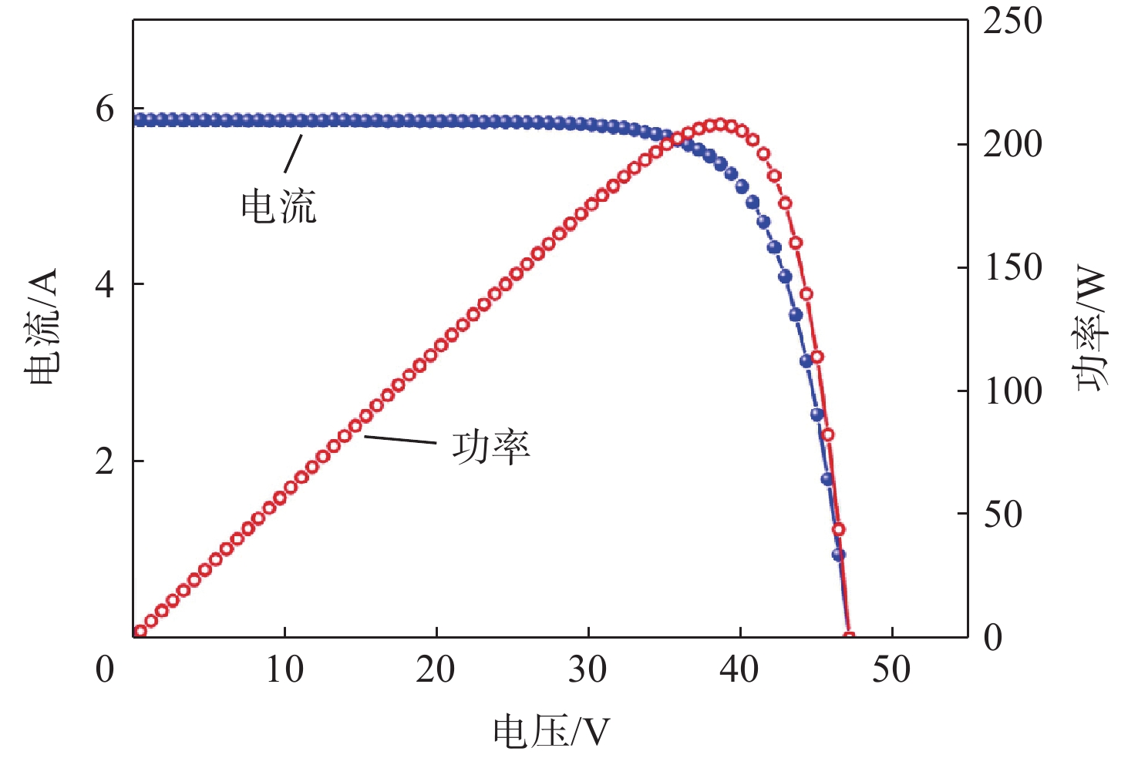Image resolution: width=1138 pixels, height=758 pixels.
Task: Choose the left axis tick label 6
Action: click(x=105, y=109)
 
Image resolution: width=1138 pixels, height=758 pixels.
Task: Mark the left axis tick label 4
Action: click(x=105, y=285)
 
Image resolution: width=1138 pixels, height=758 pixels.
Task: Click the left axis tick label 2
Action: click(x=105, y=461)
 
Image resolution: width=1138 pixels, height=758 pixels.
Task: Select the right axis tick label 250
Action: click(x=1012, y=21)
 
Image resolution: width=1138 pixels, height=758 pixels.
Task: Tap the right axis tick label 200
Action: click(x=1012, y=144)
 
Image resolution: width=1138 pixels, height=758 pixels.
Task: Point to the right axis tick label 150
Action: click(x=1012, y=268)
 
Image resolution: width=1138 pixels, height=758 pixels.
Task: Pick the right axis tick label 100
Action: click(x=1012, y=391)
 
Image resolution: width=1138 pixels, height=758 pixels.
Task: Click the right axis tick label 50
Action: click(x=1003, y=515)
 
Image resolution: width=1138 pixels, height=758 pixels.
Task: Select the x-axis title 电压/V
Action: click(x=550, y=732)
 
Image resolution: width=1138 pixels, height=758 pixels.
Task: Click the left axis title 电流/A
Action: click(x=41, y=327)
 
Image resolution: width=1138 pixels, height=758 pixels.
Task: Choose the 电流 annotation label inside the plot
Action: click(x=278, y=206)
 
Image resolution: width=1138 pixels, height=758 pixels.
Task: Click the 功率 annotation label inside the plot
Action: click(x=491, y=447)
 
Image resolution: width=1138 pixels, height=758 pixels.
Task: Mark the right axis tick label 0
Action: click(x=993, y=639)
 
